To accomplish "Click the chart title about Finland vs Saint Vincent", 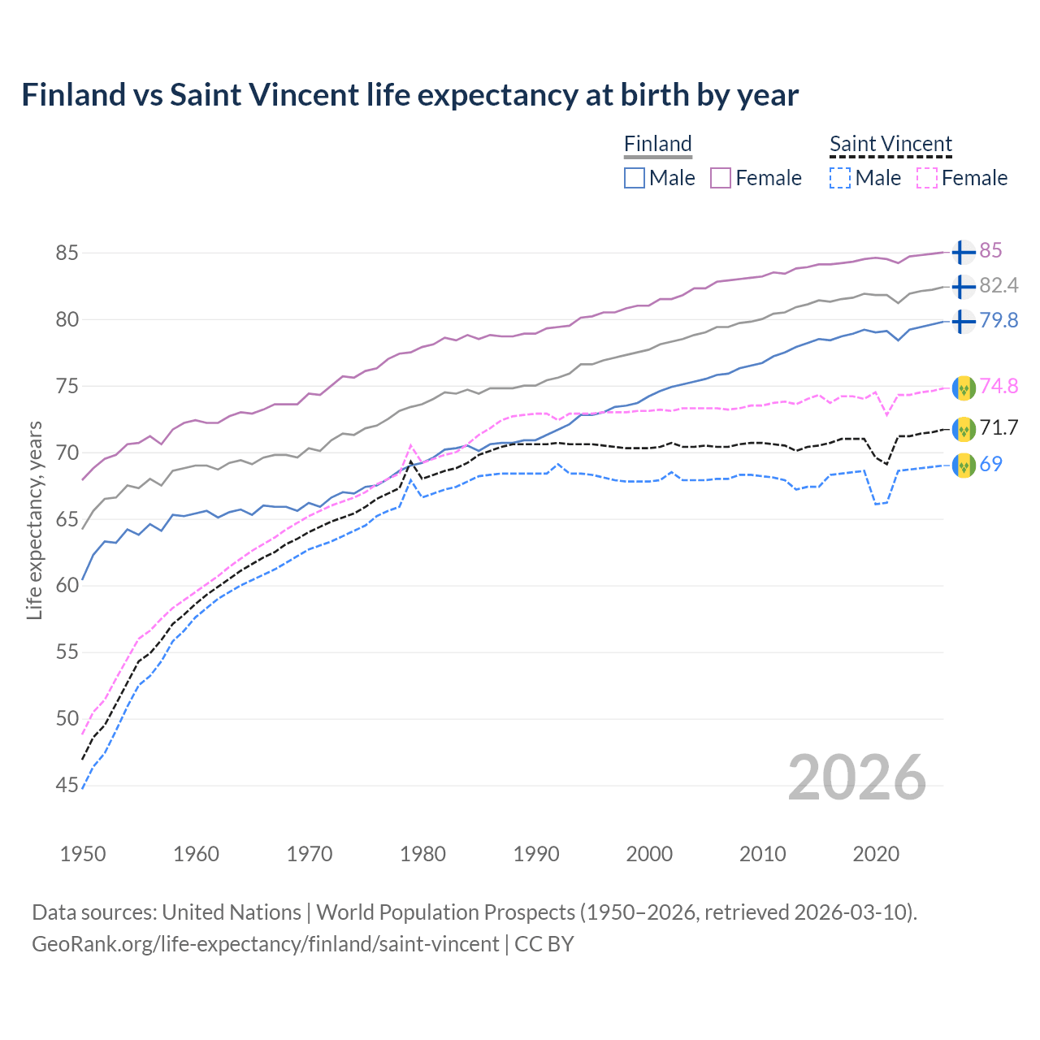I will coord(409,95).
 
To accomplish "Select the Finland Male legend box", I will coord(635,178).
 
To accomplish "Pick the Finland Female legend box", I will coord(721,178).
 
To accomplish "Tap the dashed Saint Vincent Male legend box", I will coord(840,178).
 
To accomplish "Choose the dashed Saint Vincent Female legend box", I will coord(927,178).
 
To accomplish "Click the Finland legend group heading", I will coord(657,144).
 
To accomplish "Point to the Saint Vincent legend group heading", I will coord(890,144).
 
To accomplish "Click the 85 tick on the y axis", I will coord(67,253).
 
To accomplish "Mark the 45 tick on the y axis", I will coord(67,786).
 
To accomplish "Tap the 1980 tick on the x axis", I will coord(422,854).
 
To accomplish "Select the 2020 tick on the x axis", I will coord(876,854).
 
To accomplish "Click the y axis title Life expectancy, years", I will coord(34,520).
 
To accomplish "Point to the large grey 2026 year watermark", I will coord(856,778).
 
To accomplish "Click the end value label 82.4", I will coord(999,286).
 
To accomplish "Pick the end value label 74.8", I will coord(999,387).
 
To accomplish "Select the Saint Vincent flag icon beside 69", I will coord(964,465).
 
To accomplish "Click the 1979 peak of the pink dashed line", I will coord(411,444).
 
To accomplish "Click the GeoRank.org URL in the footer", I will coord(265,944).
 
